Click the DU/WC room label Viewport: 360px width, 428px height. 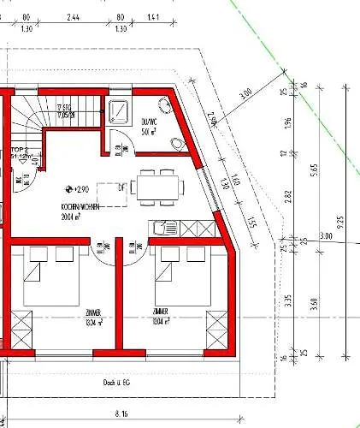point(148,128)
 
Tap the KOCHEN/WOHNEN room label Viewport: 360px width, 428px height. point(80,211)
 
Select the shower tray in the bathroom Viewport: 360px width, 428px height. point(119,111)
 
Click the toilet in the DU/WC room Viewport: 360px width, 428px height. point(177,142)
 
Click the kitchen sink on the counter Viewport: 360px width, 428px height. point(162,228)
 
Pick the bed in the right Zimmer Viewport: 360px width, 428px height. point(180,278)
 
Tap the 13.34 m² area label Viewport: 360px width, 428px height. point(94,323)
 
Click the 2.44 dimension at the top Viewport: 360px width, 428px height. point(74,16)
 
